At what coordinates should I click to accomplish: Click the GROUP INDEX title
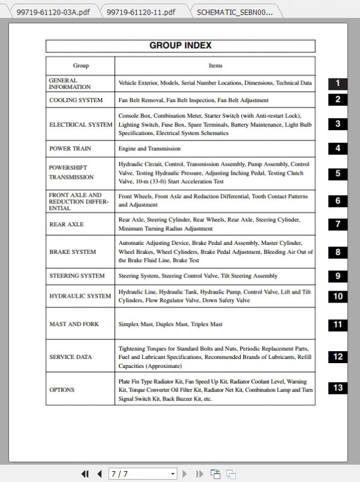coord(180,46)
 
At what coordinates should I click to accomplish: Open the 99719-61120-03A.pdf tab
coord(53,11)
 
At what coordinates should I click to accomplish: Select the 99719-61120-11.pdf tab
coord(142,11)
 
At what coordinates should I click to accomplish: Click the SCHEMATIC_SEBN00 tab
coord(234,11)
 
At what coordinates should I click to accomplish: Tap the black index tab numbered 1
coord(338,84)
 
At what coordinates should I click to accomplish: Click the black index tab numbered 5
coord(338,173)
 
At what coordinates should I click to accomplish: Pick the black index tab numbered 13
coord(338,388)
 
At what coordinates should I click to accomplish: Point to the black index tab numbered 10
coord(338,296)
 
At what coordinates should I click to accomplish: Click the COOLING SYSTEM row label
coord(76,100)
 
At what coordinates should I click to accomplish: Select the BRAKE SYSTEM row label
coord(73,252)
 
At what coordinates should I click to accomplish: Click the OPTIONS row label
coord(62,390)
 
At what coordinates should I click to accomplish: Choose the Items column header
coord(215,65)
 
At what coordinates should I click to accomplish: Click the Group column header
coord(80,65)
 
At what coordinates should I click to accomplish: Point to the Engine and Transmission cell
coord(149,148)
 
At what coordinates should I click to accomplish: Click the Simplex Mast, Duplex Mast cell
coord(170,324)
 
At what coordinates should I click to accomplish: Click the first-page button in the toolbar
coord(85,474)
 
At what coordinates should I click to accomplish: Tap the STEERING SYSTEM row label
coord(77,276)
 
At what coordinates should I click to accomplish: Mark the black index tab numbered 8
coord(338,253)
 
